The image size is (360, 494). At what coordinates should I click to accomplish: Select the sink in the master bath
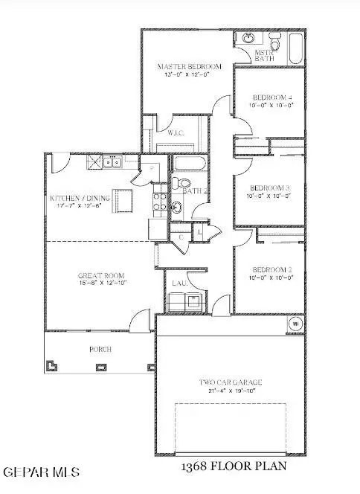pos(245,39)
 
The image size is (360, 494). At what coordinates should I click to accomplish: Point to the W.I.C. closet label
pos(176,133)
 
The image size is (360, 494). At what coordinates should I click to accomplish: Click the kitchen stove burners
pos(159,199)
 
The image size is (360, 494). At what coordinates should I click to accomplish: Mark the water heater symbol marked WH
pos(294,324)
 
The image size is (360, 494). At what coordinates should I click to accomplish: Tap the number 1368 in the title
pos(198,466)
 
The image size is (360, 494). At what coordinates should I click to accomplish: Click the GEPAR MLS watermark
pos(41,472)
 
